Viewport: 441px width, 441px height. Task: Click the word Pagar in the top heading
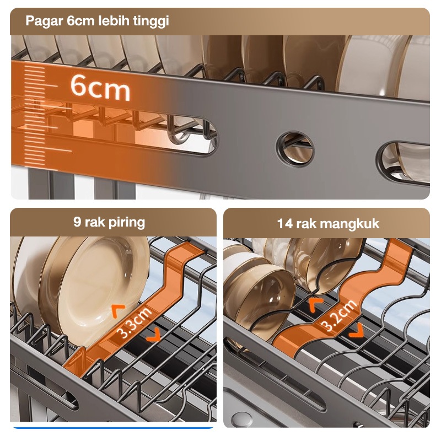[x=44, y=21]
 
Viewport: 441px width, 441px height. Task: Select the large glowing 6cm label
[x=100, y=87]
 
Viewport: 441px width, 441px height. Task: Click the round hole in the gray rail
[x=295, y=149]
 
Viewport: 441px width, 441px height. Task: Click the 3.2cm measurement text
[x=339, y=315]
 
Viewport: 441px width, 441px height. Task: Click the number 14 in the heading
[x=285, y=224]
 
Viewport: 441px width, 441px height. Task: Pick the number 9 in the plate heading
[x=77, y=222]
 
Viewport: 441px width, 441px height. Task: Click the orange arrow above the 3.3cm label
[x=118, y=310]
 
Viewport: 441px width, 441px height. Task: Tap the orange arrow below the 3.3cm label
[x=154, y=335]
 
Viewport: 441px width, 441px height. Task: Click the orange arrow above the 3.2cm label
[x=316, y=305]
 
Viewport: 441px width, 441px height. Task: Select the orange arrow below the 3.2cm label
[x=356, y=330]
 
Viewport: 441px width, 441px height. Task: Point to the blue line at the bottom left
[x=113, y=428]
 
